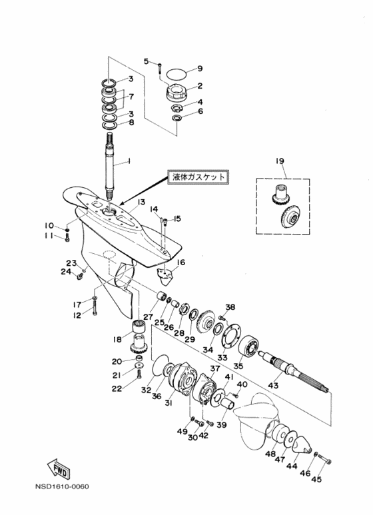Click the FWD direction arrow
click(59, 468)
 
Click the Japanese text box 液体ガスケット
click(198, 177)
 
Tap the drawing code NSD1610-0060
click(62, 486)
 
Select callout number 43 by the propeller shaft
click(273, 384)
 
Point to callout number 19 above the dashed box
click(280, 161)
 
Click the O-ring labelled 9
click(177, 73)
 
